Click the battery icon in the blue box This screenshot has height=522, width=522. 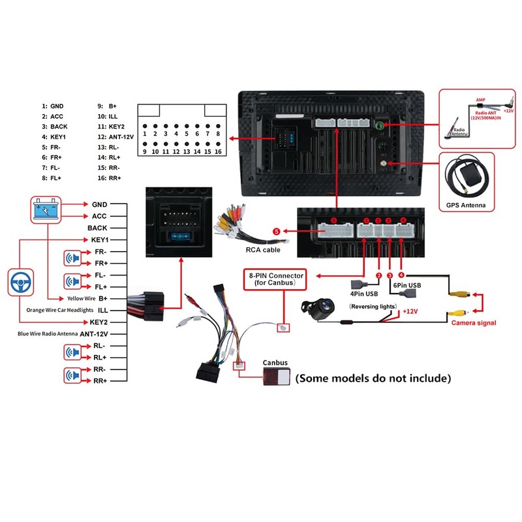tap(45, 211)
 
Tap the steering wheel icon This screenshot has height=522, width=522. tap(21, 283)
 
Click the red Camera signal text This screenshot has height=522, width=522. tap(473, 323)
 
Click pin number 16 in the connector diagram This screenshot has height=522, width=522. tap(217, 151)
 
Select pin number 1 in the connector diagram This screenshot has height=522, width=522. tap(145, 134)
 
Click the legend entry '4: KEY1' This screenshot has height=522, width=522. tap(54, 137)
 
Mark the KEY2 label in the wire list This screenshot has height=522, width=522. tap(98, 322)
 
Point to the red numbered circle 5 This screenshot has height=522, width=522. tap(276, 231)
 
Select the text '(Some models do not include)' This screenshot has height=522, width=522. tap(373, 378)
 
